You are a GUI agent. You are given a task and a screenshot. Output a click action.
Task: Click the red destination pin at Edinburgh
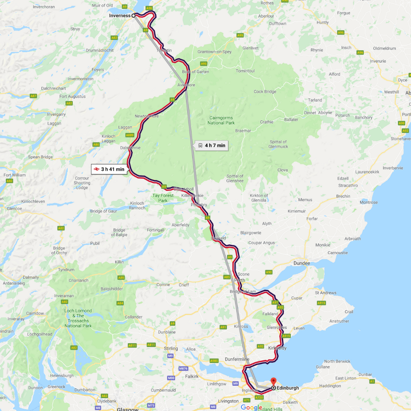[x=273, y=381]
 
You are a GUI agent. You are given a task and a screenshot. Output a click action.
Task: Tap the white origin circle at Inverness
[x=134, y=16]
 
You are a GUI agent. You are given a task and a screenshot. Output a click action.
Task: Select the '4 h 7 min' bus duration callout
[x=211, y=145]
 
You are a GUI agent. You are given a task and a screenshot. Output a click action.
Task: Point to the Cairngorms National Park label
[x=221, y=120]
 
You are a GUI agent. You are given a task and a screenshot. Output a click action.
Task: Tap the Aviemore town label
[x=186, y=85]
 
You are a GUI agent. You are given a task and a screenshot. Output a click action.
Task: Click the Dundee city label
[x=302, y=263]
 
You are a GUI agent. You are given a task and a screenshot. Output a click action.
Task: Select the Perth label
[x=240, y=280]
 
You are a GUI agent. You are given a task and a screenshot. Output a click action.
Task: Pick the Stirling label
[x=171, y=349]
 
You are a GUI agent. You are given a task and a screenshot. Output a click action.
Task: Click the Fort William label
[x=14, y=175]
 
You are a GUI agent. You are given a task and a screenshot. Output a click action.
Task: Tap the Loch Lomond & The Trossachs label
[x=78, y=318]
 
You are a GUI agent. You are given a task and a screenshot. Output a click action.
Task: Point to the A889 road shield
[x=130, y=135]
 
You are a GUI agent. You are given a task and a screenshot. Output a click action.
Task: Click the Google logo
[x=252, y=407]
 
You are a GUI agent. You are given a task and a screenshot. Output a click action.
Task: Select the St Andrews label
[x=325, y=293]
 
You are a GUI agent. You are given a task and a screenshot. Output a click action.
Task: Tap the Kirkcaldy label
[x=277, y=348]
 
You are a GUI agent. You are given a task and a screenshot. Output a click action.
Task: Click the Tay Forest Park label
[x=163, y=198]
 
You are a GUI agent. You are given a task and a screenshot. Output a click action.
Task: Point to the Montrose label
[x=368, y=202]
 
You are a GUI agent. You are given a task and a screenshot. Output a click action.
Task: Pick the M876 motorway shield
[x=183, y=368]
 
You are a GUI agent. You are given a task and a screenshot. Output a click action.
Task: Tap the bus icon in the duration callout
[x=200, y=145]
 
